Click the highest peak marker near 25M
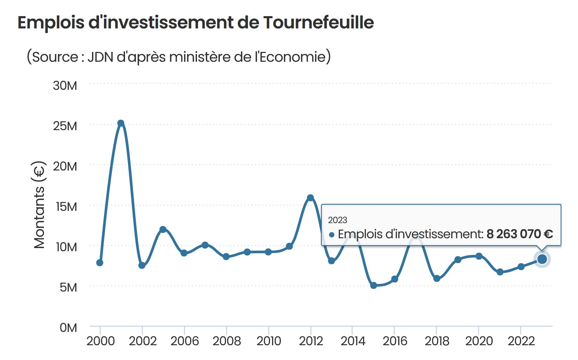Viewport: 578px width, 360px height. [x=121, y=123]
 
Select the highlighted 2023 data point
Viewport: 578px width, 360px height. [x=542, y=259]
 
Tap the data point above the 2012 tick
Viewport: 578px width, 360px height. [x=310, y=198]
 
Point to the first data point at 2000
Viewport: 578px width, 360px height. [x=100, y=263]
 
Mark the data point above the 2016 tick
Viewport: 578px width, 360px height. [x=395, y=279]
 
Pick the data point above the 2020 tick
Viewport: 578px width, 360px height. [x=479, y=256]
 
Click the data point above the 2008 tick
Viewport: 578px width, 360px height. [x=226, y=257]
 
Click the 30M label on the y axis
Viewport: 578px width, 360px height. [x=65, y=86]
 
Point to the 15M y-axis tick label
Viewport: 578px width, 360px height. [x=66, y=207]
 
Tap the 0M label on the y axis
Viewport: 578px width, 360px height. [x=68, y=328]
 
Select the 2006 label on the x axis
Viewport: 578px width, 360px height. [x=185, y=341]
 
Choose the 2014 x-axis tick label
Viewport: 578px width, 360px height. [x=353, y=341]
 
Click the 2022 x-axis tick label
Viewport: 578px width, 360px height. [x=521, y=341]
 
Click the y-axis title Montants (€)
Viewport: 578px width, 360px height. [x=40, y=205]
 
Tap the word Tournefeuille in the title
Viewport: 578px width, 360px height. [x=318, y=23]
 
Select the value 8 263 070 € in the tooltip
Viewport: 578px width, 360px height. [x=519, y=234]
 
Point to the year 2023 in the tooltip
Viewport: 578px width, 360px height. [x=337, y=220]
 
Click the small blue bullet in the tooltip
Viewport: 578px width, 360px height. [x=331, y=235]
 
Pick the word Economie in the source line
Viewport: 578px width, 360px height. [x=293, y=57]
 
